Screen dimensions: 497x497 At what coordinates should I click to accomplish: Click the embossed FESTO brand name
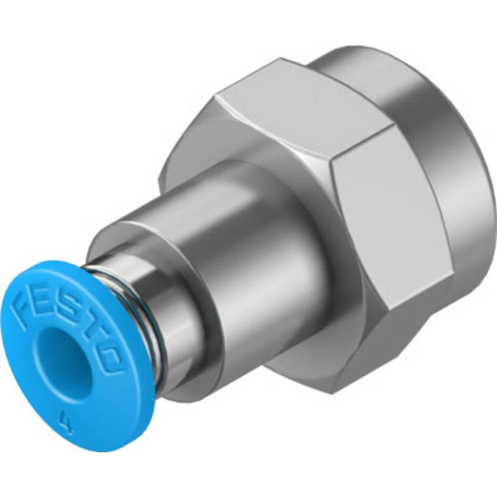pos(70,323)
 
